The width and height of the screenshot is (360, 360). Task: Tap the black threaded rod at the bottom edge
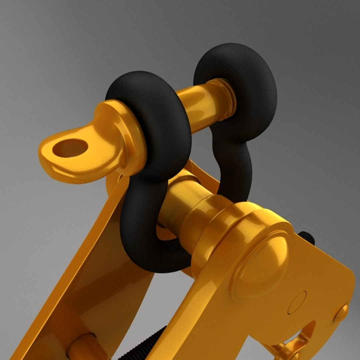click(x=147, y=347)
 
